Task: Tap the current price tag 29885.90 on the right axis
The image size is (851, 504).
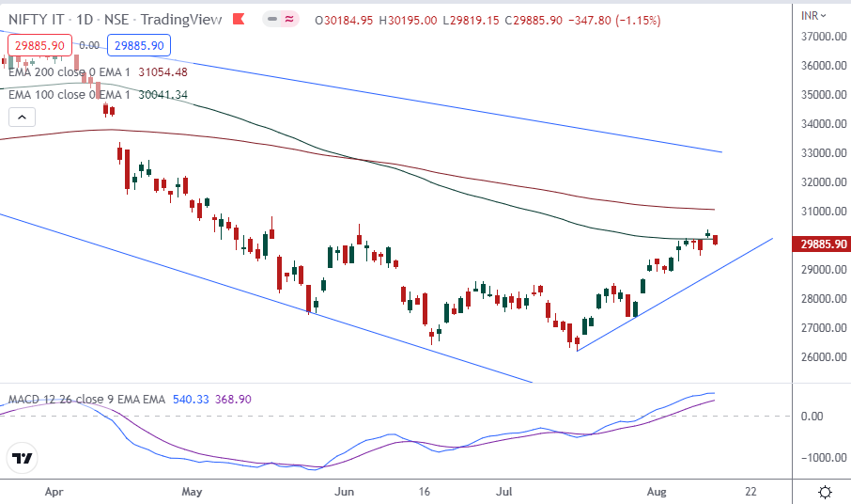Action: (821, 244)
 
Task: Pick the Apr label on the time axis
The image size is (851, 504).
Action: (54, 492)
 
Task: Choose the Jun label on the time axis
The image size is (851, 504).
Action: (345, 492)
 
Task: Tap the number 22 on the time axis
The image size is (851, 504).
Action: (750, 492)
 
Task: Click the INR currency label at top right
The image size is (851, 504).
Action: (809, 15)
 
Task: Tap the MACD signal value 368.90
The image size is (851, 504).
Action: (234, 400)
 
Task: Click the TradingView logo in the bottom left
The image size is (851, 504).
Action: (23, 459)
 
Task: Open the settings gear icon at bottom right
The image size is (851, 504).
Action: (825, 492)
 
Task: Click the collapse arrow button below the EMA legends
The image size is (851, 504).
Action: (22, 118)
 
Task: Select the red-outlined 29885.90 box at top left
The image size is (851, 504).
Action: (39, 45)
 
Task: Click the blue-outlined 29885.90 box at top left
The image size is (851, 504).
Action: (137, 45)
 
